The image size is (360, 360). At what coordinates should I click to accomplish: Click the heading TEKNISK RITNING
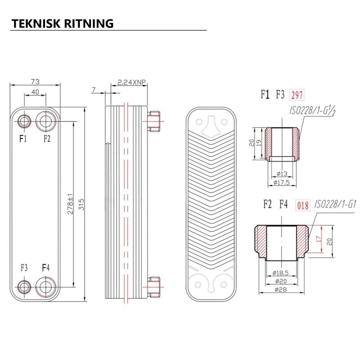pyautogui.click(x=62, y=23)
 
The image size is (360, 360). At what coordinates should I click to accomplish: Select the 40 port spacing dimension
pyautogui.click(x=35, y=92)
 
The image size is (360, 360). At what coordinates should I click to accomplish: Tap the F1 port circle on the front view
pyautogui.click(x=24, y=121)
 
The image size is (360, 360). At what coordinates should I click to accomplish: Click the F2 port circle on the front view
pyautogui.click(x=46, y=121)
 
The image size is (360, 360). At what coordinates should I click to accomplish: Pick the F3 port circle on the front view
pyautogui.click(x=24, y=286)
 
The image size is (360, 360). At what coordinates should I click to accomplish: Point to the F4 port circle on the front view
pyautogui.click(x=46, y=286)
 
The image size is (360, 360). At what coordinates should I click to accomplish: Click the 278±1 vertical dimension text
pyautogui.click(x=71, y=204)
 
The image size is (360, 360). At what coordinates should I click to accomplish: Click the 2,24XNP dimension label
pyautogui.click(x=131, y=82)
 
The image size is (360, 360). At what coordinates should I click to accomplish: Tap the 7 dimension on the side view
pyautogui.click(x=93, y=90)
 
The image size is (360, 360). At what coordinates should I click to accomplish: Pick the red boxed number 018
pyautogui.click(x=302, y=206)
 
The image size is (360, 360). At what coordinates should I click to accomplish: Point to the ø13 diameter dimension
pyautogui.click(x=282, y=174)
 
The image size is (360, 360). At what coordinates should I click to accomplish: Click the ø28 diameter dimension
pyautogui.click(x=282, y=290)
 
